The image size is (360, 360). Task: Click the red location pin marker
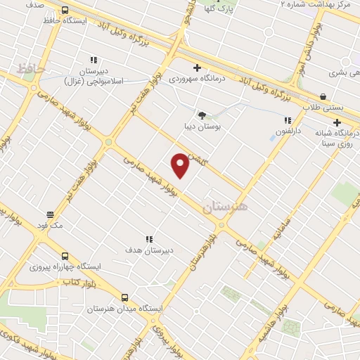point(181,165)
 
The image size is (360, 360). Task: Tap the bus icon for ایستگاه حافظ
point(65,11)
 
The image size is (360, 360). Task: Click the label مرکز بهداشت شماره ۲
point(315,4)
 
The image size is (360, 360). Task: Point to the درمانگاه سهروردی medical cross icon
point(197,68)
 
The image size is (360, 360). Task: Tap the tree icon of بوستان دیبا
point(202,115)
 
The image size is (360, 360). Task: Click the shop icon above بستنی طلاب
point(323,96)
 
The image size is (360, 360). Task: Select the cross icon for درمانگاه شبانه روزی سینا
point(337,122)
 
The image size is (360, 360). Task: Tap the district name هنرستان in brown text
point(225,208)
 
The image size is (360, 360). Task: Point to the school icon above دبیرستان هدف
point(149,240)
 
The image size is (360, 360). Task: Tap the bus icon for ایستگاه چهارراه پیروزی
point(65,256)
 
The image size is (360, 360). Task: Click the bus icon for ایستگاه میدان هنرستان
point(124,297)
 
